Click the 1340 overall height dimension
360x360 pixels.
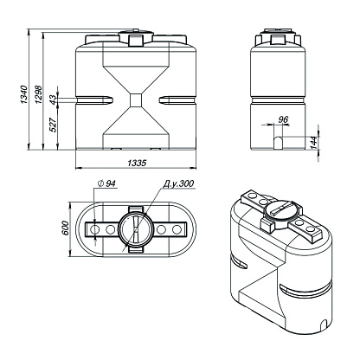click(23, 94)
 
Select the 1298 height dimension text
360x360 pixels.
click(38, 94)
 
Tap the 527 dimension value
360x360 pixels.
click(53, 125)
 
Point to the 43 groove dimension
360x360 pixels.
click(53, 100)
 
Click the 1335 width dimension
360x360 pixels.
click(137, 163)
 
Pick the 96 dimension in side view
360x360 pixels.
click(284, 119)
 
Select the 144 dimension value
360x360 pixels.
click(314, 142)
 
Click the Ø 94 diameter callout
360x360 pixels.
click(106, 183)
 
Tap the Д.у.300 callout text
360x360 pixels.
click(179, 183)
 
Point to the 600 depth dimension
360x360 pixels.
click(66, 228)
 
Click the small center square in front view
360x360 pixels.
click(136, 100)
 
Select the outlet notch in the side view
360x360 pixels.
click(278, 143)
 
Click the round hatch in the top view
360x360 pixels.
click(136, 229)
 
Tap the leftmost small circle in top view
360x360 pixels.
click(94, 229)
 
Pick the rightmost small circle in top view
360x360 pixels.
click(177, 229)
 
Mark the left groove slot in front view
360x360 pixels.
click(94, 100)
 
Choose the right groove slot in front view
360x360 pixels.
click(177, 100)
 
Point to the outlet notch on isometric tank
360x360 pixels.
click(324, 324)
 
